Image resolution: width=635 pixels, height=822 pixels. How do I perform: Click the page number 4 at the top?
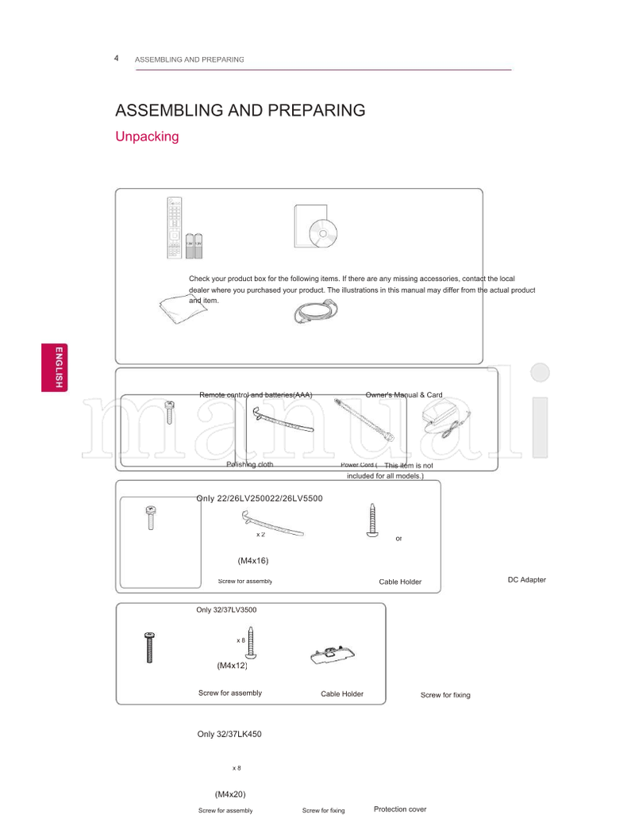coord(117,59)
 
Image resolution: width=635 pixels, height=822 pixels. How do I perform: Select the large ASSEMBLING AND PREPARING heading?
coord(241,110)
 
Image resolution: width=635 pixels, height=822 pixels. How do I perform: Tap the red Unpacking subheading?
coord(147,136)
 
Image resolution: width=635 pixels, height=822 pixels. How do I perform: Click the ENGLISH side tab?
coord(56,368)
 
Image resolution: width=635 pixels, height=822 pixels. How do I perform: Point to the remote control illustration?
coord(174,227)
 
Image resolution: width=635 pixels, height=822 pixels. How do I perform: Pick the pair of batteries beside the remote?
coord(194,245)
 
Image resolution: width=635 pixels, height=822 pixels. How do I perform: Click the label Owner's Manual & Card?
coord(404,395)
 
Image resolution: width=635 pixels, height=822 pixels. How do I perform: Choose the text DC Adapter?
coord(526,580)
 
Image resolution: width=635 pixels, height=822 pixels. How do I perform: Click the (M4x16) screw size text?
coord(253,561)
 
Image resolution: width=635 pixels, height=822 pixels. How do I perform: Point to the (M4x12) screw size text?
coord(233,665)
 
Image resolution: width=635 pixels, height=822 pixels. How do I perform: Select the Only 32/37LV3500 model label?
coord(226,610)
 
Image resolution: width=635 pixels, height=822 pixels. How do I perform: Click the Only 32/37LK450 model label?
coord(229,734)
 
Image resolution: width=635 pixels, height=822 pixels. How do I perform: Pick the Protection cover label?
coord(400,809)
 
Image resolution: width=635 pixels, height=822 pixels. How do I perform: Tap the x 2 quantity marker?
coord(260,535)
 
